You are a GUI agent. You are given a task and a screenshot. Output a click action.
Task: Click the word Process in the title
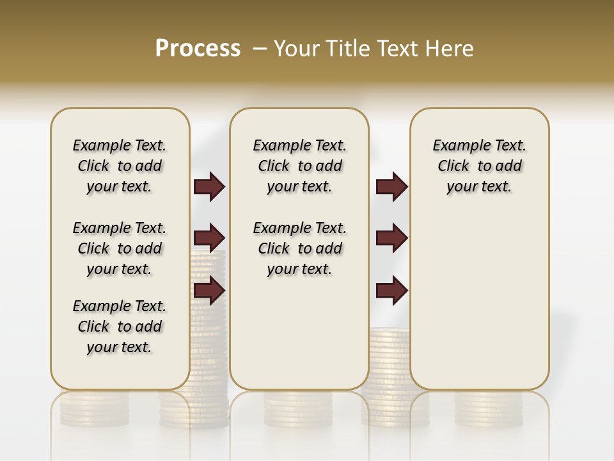tap(198, 48)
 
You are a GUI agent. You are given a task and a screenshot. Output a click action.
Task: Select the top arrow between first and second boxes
tap(209, 187)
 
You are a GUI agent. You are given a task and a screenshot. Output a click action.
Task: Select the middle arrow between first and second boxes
tap(209, 239)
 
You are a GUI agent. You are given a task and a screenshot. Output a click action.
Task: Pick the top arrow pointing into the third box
tap(391, 187)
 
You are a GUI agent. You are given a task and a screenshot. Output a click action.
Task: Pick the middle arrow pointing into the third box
tap(391, 238)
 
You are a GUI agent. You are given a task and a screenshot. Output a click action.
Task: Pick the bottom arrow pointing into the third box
tap(391, 291)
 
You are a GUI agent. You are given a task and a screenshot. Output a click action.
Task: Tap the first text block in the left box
tap(120, 166)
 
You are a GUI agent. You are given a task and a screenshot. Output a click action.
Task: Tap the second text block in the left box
tap(120, 248)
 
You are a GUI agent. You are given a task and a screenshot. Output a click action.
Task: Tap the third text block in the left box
tap(120, 327)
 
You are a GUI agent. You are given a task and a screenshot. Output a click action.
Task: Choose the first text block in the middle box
tap(299, 166)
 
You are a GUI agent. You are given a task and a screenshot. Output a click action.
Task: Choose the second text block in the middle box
tap(299, 248)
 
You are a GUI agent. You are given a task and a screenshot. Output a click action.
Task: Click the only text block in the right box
tap(479, 166)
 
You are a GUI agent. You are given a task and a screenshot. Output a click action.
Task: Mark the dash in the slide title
tap(260, 49)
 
